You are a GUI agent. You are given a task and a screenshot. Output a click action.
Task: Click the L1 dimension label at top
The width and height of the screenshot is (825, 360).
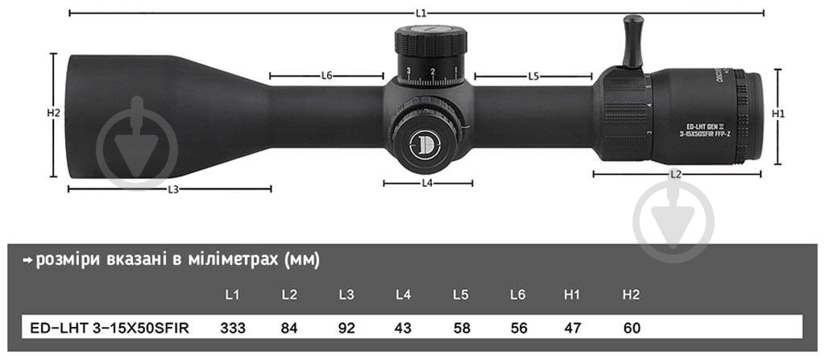pyautogui.click(x=421, y=13)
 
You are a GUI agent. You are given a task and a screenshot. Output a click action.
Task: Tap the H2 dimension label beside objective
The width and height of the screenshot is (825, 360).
pyautogui.click(x=53, y=114)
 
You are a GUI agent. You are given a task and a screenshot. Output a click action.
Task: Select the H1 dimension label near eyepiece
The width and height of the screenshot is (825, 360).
pyautogui.click(x=778, y=114)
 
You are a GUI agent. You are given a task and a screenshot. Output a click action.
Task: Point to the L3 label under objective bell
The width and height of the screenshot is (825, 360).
pyautogui.click(x=172, y=189)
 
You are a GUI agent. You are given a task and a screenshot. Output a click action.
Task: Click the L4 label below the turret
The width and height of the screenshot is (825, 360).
pyautogui.click(x=428, y=184)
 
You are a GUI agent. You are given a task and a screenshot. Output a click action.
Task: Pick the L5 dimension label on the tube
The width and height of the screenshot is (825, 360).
pyautogui.click(x=533, y=77)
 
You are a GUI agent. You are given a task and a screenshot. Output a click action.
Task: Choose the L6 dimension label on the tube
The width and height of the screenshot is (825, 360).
pyautogui.click(x=326, y=76)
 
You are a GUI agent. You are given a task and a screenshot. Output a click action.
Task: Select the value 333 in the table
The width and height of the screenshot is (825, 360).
pyautogui.click(x=232, y=329)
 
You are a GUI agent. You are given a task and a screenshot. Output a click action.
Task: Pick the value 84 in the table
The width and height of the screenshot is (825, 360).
pyautogui.click(x=289, y=329)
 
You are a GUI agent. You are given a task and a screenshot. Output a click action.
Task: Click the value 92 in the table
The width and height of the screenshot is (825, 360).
pyautogui.click(x=346, y=329)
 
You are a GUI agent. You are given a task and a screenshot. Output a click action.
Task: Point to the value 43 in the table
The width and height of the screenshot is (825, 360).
pyautogui.click(x=404, y=329)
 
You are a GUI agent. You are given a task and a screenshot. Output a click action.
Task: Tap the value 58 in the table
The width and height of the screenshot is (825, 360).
pyautogui.click(x=461, y=329)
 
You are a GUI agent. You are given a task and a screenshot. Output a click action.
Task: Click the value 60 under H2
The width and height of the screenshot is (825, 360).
pyautogui.click(x=632, y=329)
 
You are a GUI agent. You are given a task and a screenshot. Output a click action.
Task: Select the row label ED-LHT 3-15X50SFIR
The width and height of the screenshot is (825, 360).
pyautogui.click(x=104, y=329)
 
